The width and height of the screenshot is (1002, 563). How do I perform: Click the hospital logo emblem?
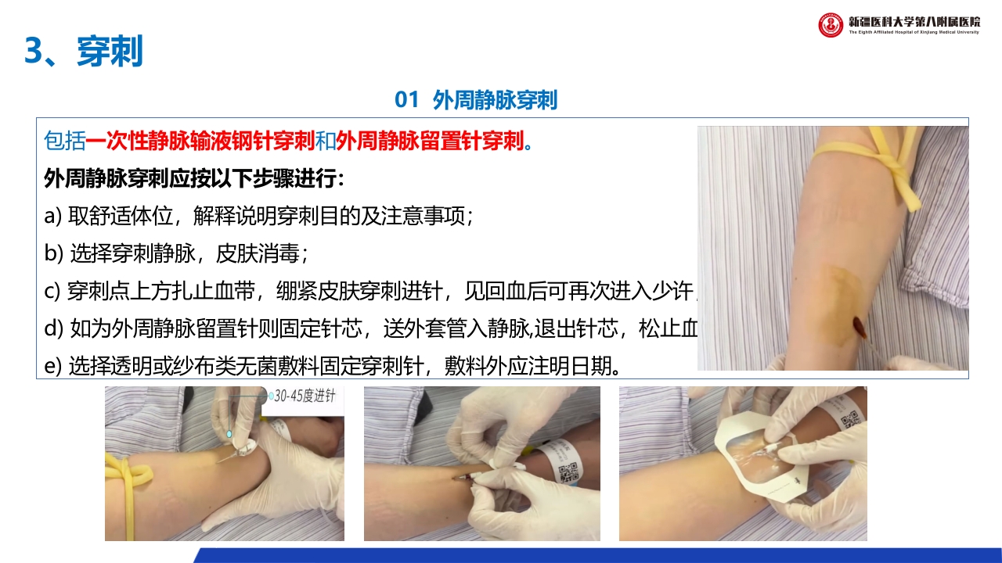(x=831, y=25)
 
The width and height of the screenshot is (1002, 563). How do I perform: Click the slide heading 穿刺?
(x=110, y=52)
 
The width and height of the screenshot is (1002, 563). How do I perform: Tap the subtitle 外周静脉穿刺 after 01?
(x=495, y=100)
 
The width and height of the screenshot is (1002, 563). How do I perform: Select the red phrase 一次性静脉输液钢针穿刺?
(x=200, y=142)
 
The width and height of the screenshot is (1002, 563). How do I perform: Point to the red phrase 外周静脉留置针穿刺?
(x=429, y=142)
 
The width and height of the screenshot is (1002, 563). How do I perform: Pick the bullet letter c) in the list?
(x=52, y=292)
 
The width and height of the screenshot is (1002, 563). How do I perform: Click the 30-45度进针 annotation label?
(x=305, y=396)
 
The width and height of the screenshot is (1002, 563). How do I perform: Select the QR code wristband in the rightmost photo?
(x=847, y=414)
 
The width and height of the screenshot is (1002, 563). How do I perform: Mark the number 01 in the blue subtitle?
(x=408, y=100)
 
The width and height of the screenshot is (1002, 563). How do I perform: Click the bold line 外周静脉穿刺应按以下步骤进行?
(x=194, y=178)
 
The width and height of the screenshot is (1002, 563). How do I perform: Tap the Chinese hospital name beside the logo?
(x=914, y=20)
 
